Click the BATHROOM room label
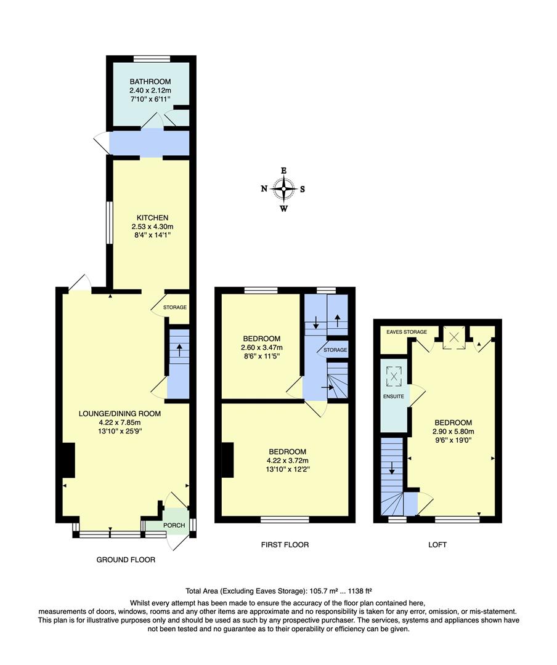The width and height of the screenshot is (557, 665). [x=150, y=81]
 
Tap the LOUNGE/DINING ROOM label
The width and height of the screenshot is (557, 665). [x=121, y=414]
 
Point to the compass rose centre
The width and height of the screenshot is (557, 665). [x=284, y=189]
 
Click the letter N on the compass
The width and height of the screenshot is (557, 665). [x=264, y=190]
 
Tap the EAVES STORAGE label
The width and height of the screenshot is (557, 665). [x=407, y=332]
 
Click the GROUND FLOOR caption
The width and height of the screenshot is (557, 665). [x=126, y=560]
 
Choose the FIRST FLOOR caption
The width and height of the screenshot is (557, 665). [x=285, y=545]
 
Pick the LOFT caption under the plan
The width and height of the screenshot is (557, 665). [x=437, y=545]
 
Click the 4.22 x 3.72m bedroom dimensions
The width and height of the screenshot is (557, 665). [x=284, y=461]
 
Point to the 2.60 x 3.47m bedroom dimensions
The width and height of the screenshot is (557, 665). [x=262, y=347]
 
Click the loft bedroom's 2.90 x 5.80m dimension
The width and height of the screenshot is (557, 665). [x=453, y=432]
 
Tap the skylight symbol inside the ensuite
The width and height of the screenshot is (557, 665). [x=392, y=376]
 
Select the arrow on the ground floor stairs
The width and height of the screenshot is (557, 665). [x=179, y=350]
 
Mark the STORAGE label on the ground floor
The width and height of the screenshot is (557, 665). [x=175, y=307]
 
